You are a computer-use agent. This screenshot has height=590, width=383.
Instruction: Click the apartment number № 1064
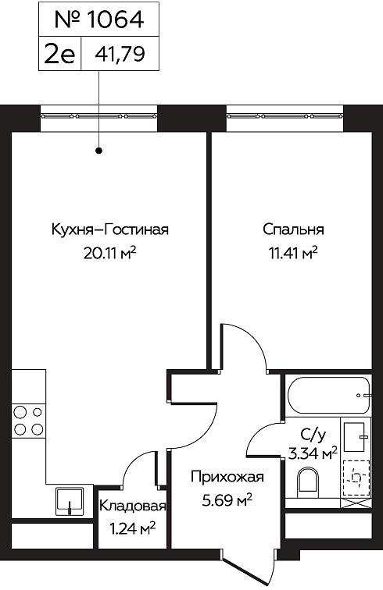(98, 20)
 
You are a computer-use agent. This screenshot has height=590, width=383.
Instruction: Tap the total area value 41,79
(120, 55)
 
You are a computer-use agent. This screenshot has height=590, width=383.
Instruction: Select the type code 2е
(59, 55)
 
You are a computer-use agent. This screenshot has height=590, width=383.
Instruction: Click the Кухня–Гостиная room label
(109, 229)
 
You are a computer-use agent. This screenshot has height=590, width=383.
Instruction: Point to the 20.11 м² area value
(109, 253)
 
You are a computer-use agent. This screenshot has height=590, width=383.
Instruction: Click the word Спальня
(293, 229)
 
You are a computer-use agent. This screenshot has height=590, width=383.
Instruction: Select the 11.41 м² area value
(293, 253)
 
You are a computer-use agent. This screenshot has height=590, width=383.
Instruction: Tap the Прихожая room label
(227, 477)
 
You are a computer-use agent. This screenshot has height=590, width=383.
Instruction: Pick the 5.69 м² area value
(227, 500)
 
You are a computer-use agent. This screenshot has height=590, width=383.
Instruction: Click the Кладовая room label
(132, 506)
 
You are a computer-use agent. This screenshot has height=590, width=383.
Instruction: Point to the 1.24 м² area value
(132, 529)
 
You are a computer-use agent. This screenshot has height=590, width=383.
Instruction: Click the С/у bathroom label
(313, 435)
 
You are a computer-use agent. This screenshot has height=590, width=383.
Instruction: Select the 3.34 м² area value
(313, 453)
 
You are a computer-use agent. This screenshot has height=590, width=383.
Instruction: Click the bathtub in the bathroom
(328, 396)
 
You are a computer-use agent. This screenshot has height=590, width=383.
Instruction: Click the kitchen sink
(70, 502)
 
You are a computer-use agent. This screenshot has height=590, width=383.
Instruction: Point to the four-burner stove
(28, 421)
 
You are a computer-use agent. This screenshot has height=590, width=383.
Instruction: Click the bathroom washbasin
(355, 437)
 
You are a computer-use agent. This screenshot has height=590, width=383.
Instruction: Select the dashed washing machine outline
(356, 478)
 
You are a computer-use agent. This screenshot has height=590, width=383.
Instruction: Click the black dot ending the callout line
(99, 151)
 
